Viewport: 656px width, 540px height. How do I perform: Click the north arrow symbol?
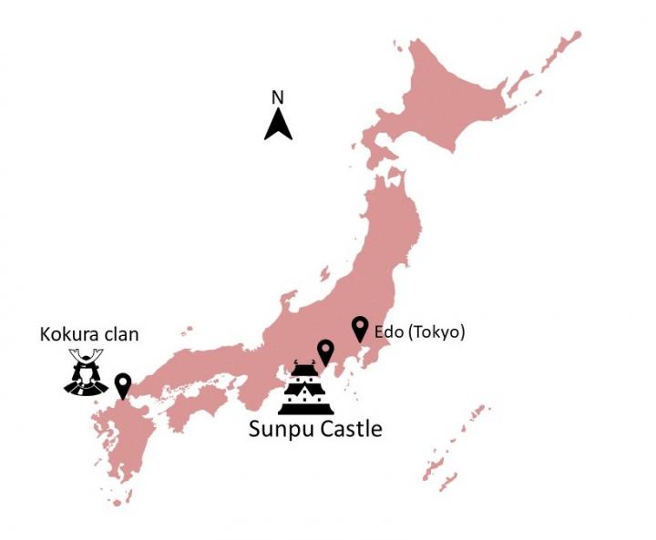tap(278, 124)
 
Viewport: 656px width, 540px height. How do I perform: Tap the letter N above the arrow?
tap(279, 97)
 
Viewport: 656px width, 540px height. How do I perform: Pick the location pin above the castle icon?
tap(324, 352)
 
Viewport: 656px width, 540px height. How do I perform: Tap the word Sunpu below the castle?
tap(279, 428)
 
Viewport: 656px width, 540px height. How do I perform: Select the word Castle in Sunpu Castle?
tap(348, 428)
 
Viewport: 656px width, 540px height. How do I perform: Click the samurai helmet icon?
tap(87, 375)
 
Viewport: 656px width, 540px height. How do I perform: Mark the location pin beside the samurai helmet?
tap(122, 385)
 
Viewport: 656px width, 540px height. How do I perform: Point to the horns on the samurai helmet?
tap(87, 357)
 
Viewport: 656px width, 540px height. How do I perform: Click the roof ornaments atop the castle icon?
tap(306, 365)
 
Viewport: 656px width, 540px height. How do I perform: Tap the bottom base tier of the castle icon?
tap(305, 409)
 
